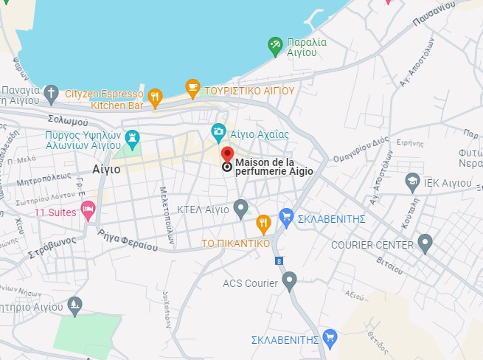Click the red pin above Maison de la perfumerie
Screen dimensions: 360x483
pyautogui.click(x=227, y=154)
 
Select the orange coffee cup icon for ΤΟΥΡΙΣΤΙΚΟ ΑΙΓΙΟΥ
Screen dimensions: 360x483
pyautogui.click(x=192, y=89)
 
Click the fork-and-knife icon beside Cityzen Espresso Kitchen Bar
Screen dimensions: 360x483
pyautogui.click(x=155, y=96)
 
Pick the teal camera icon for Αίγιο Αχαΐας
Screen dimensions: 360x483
pyautogui.click(x=218, y=132)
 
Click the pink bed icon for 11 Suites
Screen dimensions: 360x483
pyautogui.click(x=88, y=210)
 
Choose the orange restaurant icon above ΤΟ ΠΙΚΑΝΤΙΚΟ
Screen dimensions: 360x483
pyautogui.click(x=263, y=223)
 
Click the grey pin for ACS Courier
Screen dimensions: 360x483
pyautogui.click(x=290, y=280)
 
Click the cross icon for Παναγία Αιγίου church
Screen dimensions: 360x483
pyautogui.click(x=50, y=92)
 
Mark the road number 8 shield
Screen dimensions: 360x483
pyautogui.click(x=279, y=260)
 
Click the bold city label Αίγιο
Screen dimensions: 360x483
pyautogui.click(x=106, y=168)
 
